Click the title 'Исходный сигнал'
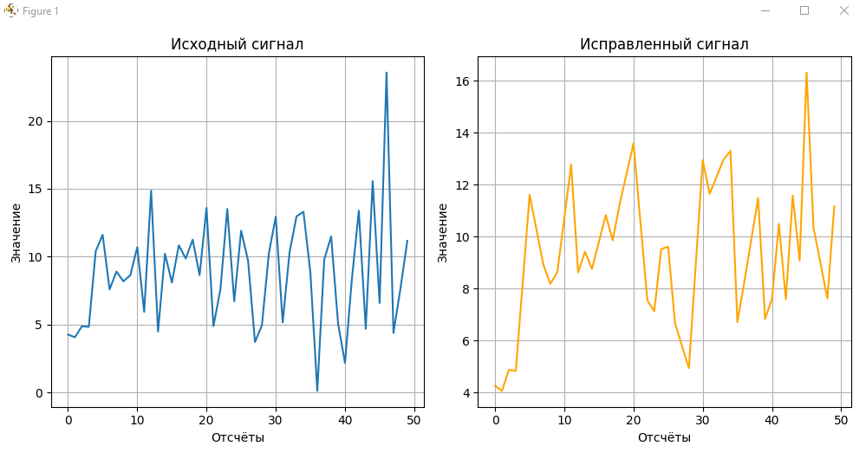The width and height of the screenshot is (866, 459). point(237,44)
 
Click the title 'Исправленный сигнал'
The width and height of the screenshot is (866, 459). point(664,44)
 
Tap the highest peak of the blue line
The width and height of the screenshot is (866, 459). point(387,73)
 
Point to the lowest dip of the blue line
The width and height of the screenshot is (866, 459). point(317,391)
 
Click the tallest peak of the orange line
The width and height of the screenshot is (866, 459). point(806,73)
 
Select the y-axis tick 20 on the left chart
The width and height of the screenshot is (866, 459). point(36,121)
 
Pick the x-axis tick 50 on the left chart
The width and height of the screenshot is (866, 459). point(414,421)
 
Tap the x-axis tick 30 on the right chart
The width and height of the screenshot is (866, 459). point(702,421)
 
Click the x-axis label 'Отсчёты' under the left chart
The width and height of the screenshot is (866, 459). point(238,437)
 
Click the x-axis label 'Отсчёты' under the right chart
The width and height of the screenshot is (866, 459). point(664,437)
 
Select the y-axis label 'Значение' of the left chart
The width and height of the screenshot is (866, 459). point(16,232)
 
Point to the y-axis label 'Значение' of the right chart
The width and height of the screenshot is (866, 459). point(442,232)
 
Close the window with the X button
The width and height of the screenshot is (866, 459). point(843,10)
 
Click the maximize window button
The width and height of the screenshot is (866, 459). point(804,10)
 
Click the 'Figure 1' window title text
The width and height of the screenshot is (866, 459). point(40,11)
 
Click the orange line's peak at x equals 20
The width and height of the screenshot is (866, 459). point(633,143)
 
